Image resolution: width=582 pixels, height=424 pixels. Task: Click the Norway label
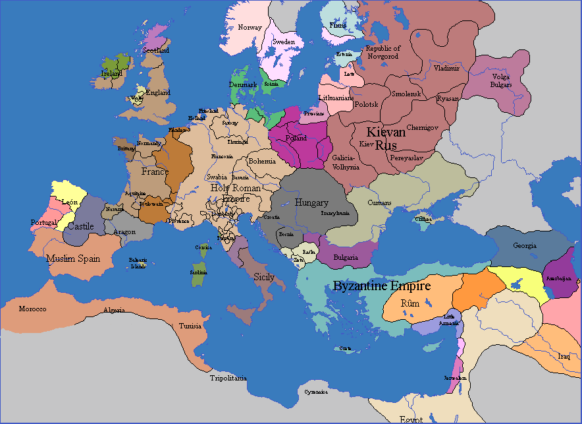[250, 28]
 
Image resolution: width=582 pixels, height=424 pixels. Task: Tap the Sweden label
[284, 42]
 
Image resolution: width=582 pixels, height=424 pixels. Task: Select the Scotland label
[157, 50]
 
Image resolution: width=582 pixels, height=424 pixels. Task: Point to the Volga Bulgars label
[500, 80]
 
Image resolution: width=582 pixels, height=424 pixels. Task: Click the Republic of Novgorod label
[383, 52]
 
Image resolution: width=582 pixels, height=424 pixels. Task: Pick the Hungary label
[311, 202]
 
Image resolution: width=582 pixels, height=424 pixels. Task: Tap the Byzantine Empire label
[382, 286]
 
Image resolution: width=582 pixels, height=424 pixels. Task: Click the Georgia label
[525, 246]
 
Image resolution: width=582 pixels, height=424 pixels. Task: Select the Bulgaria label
[346, 257]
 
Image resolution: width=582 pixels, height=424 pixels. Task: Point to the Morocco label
[32, 309]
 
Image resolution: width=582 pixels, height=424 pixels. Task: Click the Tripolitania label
[228, 378]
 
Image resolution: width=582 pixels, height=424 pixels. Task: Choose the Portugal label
[43, 223]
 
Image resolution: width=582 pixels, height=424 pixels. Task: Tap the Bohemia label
[261, 161]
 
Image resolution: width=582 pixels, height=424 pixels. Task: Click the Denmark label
[243, 84]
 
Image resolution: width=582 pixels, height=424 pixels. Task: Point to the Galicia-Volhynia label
[343, 163]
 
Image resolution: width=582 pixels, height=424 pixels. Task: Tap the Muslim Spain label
[73, 258]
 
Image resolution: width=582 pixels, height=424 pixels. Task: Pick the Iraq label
[564, 356]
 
